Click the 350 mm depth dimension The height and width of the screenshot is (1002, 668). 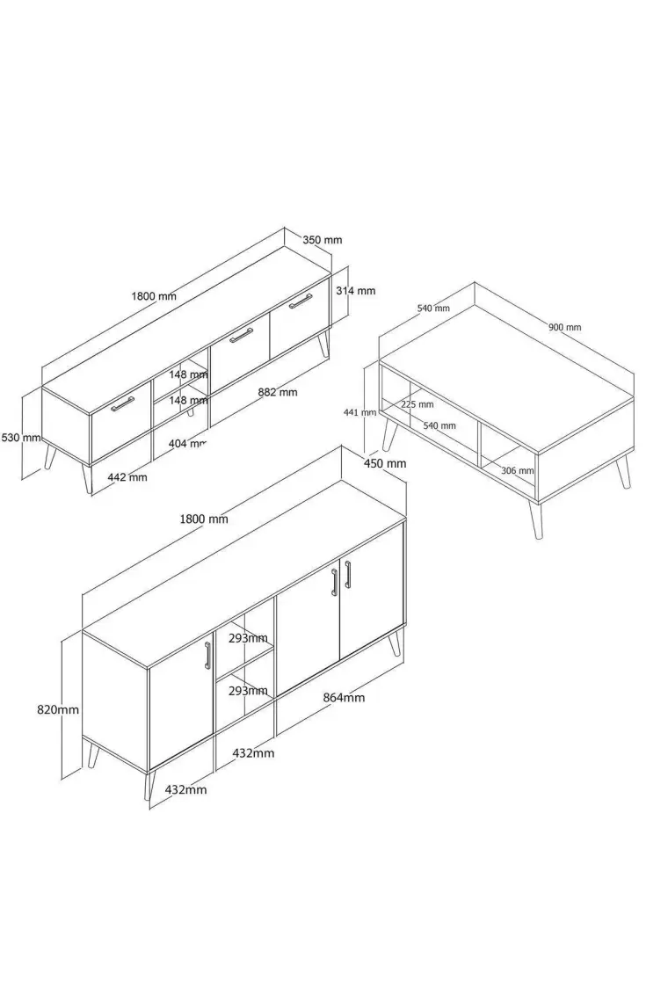click(323, 240)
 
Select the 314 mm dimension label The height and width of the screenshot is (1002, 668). click(355, 291)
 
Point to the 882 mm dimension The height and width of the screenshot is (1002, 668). click(278, 392)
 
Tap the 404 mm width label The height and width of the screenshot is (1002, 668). click(187, 443)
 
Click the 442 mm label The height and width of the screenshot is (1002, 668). click(127, 476)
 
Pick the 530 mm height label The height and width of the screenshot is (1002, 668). click(21, 438)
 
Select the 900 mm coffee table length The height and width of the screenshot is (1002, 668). click(565, 327)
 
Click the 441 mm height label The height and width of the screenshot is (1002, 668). click(359, 413)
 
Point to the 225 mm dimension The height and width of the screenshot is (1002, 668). click(417, 404)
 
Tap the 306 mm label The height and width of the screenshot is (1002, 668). click(517, 471)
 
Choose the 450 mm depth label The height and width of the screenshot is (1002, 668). click(385, 463)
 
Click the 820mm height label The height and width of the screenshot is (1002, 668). click(58, 709)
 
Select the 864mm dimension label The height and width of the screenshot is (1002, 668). click(344, 698)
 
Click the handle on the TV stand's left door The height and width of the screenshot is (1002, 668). click(123, 403)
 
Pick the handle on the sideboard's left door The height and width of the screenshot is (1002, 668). click(207, 655)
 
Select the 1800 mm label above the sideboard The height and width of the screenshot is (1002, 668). click(204, 519)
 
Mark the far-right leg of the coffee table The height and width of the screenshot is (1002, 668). click(624, 472)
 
